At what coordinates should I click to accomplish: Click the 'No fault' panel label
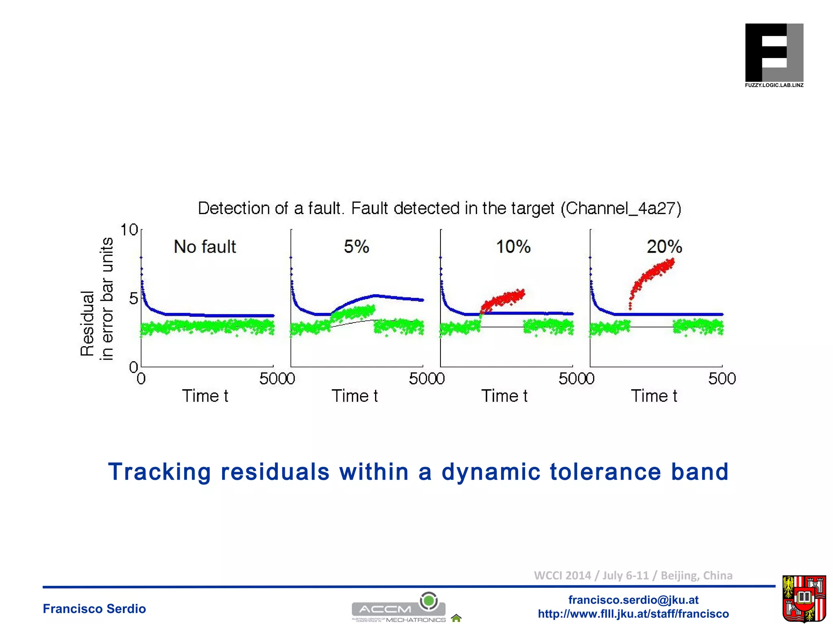[205, 247]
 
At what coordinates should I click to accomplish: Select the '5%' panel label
[356, 247]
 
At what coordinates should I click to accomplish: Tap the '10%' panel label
[513, 247]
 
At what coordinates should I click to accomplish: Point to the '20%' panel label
[664, 247]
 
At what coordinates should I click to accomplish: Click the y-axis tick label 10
[129, 230]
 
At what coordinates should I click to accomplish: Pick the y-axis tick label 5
[133, 299]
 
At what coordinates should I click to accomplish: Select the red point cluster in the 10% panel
[503, 301]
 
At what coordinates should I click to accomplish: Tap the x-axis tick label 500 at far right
[722, 379]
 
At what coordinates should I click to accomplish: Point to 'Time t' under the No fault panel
[205, 396]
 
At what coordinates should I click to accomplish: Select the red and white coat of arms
[804, 599]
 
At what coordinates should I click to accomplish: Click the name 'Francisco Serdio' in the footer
[94, 609]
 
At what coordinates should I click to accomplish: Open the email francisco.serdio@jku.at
[633, 600]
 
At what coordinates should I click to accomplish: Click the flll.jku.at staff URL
[633, 613]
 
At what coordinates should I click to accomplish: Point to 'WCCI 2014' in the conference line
[562, 576]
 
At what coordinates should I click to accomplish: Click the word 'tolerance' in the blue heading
[605, 472]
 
